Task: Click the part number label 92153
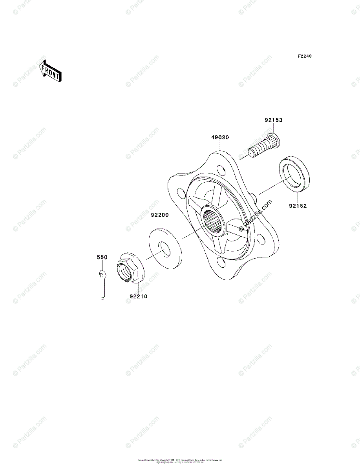click(273, 120)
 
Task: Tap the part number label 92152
click(298, 205)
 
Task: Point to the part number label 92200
click(160, 215)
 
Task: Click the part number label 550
click(102, 257)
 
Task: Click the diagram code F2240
click(304, 57)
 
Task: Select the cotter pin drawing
click(102, 285)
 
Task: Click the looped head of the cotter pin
click(102, 274)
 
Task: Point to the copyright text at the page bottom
click(180, 461)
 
